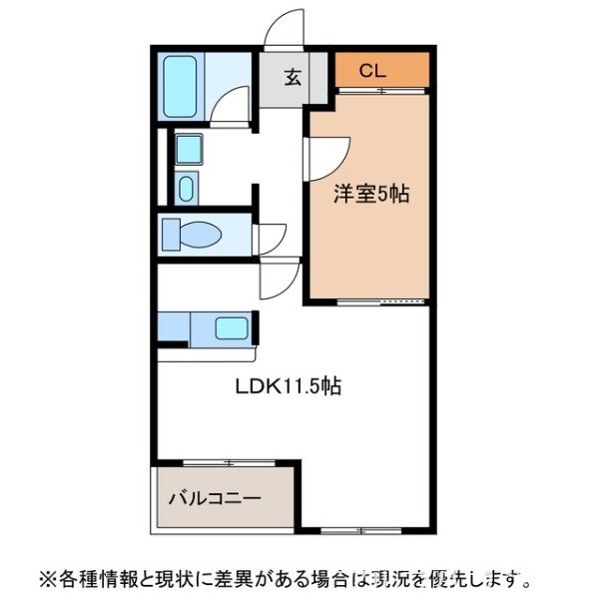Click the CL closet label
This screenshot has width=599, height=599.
(371, 70)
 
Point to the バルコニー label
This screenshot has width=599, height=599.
(215, 497)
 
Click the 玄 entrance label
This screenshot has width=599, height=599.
(293, 78)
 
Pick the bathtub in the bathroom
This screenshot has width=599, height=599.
(181, 86)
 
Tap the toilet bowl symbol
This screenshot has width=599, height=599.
(200, 236)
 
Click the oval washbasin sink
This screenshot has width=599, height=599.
(187, 188)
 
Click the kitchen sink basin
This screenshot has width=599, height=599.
(233, 327)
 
